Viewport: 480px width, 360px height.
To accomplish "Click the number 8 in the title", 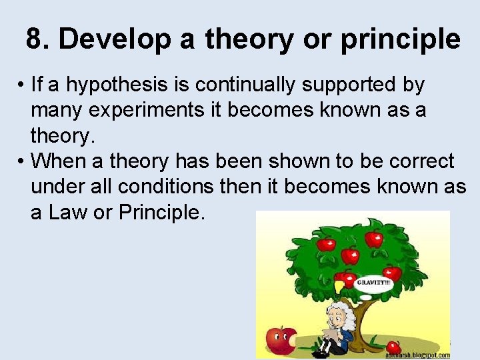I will click(35, 39).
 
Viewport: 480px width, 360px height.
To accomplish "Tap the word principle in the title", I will click(400, 40).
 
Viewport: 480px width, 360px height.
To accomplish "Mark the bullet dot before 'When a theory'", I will click(22, 161).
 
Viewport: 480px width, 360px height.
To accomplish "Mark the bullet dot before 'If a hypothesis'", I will click(22, 86).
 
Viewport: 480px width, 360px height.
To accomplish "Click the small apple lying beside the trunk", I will click(393, 347).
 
